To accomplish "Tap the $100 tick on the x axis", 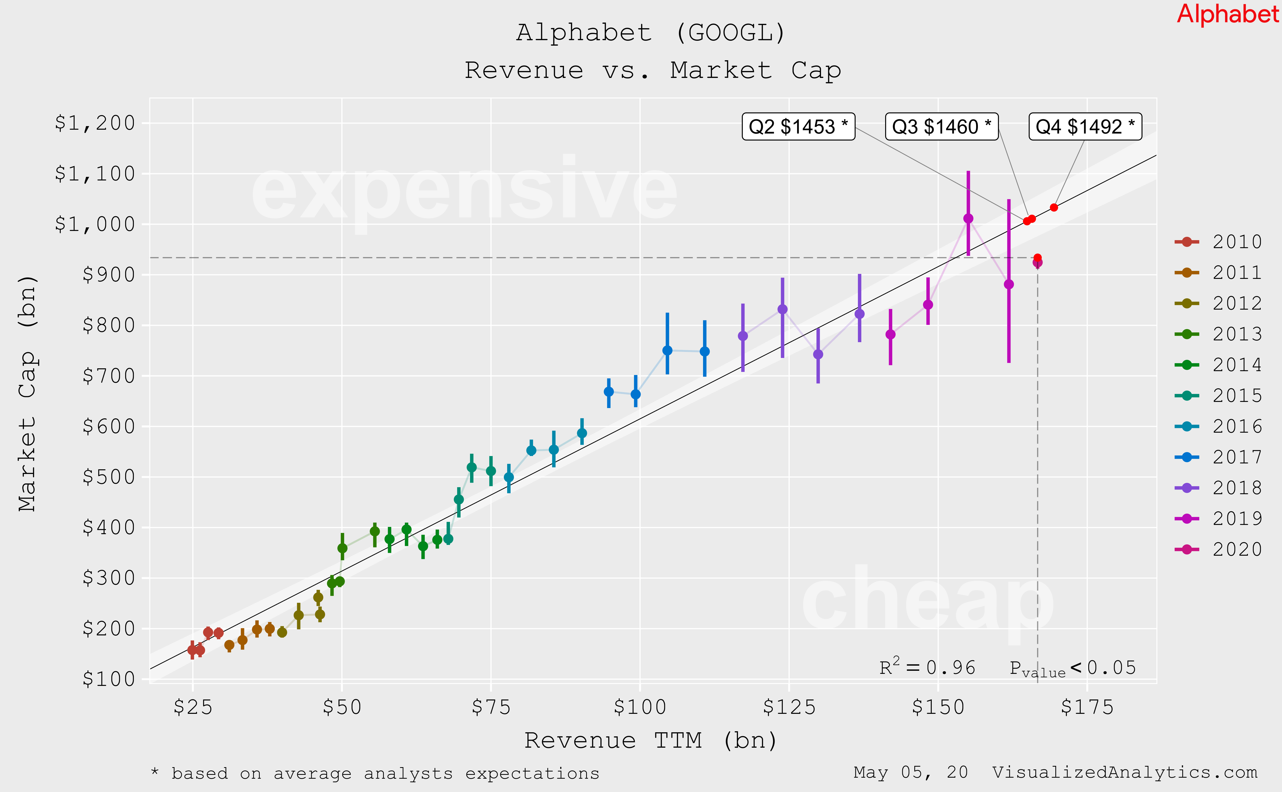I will pos(640,707).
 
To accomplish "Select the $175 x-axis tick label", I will pos(1087,707).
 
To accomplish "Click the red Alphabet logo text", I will pos(1227,14).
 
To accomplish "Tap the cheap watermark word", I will pos(927,600).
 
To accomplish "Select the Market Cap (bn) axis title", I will pos(27,393).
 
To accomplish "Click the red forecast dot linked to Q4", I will pos(1054,207).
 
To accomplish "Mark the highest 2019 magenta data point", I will pos(968,218).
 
